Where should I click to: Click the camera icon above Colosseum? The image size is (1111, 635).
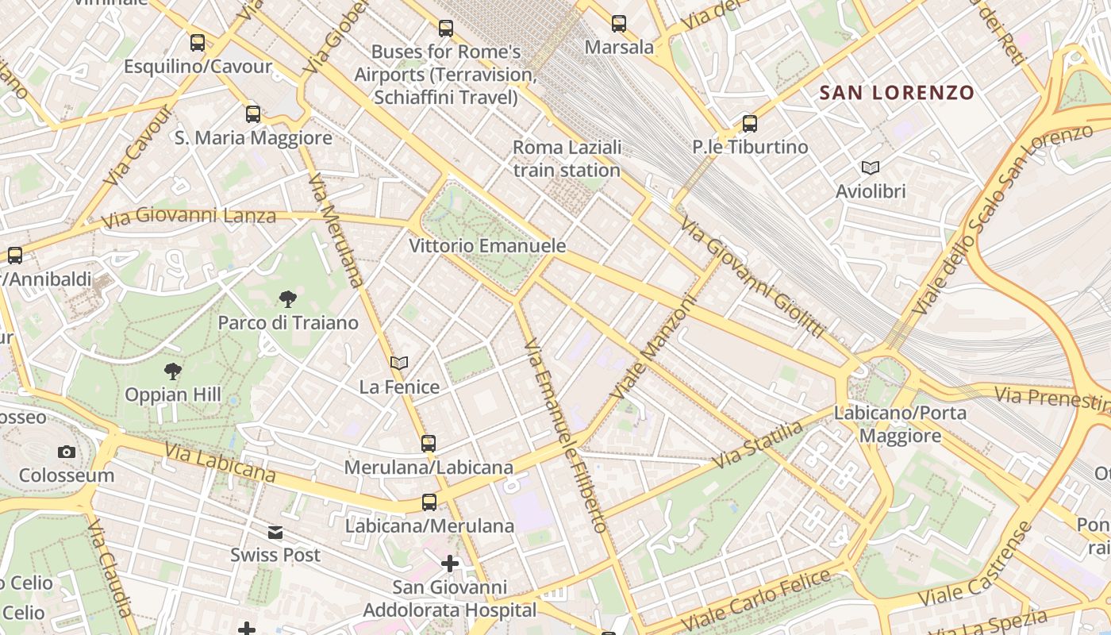coord(67,452)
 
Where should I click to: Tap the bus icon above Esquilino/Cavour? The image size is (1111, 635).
coord(198,43)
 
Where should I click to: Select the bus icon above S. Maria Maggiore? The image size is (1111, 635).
coord(253,114)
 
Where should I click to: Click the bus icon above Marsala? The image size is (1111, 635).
coord(619,24)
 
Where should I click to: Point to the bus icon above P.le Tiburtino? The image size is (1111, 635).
coord(750,123)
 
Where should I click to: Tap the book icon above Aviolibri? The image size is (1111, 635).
coord(871,167)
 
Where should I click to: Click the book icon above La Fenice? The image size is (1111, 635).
coord(399,363)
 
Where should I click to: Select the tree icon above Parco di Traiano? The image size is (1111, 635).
coord(288,299)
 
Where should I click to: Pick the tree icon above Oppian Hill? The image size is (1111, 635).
coord(172,371)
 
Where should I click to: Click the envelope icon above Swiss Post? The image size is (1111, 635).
coord(275,532)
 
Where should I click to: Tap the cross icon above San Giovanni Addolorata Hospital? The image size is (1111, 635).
coord(450,564)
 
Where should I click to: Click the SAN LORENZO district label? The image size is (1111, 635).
coord(896,93)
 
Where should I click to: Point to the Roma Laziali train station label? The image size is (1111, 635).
coord(567,159)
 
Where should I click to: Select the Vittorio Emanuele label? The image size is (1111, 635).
coord(487,246)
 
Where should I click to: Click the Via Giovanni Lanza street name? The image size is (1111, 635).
coord(188,215)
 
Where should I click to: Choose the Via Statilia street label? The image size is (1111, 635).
coord(758,445)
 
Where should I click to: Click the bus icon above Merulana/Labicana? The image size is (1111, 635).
coord(429,443)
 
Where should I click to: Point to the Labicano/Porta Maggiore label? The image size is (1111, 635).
coord(900,424)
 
